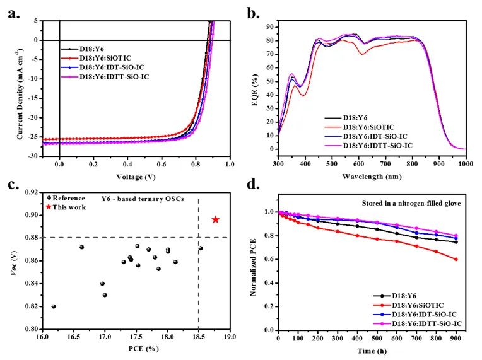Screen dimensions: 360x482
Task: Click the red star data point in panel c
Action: click(216, 219)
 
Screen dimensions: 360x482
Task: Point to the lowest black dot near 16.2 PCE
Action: click(54, 306)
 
